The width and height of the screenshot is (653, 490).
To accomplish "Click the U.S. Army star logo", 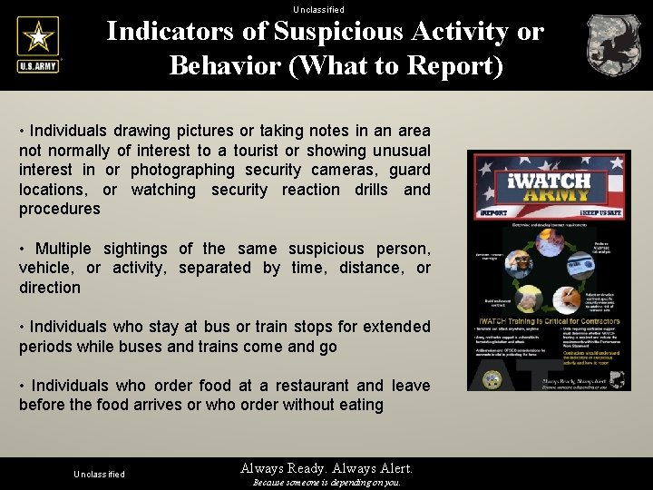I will point(37,44).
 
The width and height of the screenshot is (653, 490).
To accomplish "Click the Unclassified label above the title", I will point(318,9).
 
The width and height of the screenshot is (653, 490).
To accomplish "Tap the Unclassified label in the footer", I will point(99,475).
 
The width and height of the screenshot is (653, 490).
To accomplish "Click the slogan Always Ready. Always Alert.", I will point(326,468).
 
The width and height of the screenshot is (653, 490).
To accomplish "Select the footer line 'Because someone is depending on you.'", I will point(326,483).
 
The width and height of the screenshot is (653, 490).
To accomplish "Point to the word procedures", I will point(60,209).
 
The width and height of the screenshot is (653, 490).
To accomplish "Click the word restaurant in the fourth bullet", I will point(315,386).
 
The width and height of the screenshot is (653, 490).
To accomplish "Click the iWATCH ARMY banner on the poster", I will point(548,186).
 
